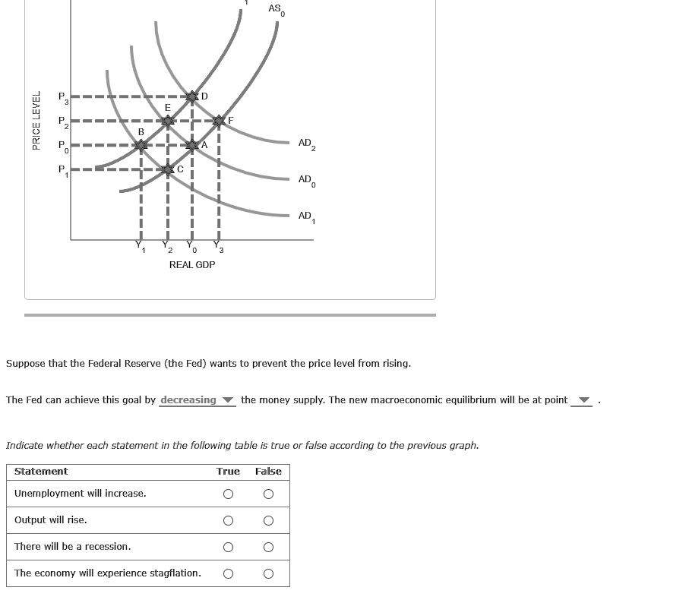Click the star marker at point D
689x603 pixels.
pyautogui.click(x=192, y=96)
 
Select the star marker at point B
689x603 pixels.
pyautogui.click(x=141, y=144)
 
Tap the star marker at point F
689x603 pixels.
pyautogui.click(x=220, y=121)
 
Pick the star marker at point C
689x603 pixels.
pyautogui.click(x=168, y=169)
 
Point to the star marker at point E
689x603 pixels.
pyautogui.click(x=168, y=120)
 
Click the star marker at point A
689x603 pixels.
pyautogui.click(x=192, y=144)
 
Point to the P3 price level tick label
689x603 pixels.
pyautogui.click(x=64, y=98)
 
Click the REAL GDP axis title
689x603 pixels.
pyautogui.click(x=191, y=264)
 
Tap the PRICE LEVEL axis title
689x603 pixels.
pyautogui.click(x=35, y=120)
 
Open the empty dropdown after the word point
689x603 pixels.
pyautogui.click(x=583, y=400)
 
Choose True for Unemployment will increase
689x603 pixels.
pyautogui.click(x=227, y=494)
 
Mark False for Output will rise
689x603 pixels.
pyautogui.click(x=268, y=520)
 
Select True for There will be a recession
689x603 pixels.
pyautogui.click(x=227, y=547)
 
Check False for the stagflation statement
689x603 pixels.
pyautogui.click(x=268, y=573)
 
